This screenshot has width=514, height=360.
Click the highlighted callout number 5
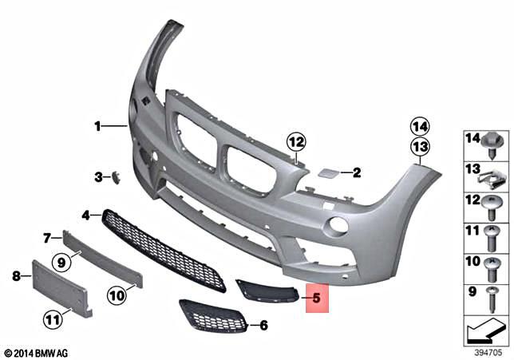point(315,300)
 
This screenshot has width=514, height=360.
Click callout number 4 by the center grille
point(86,214)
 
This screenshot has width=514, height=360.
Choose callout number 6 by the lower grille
point(264,325)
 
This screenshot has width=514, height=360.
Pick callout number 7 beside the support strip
point(48,237)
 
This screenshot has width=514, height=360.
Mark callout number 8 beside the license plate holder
point(16,276)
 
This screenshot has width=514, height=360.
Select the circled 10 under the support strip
point(117,295)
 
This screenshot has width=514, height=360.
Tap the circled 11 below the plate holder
point(53,321)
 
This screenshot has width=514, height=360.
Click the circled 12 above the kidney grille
point(297,142)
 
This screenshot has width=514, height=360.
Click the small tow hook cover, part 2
point(327,172)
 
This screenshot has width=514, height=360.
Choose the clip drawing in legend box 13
point(493,175)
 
